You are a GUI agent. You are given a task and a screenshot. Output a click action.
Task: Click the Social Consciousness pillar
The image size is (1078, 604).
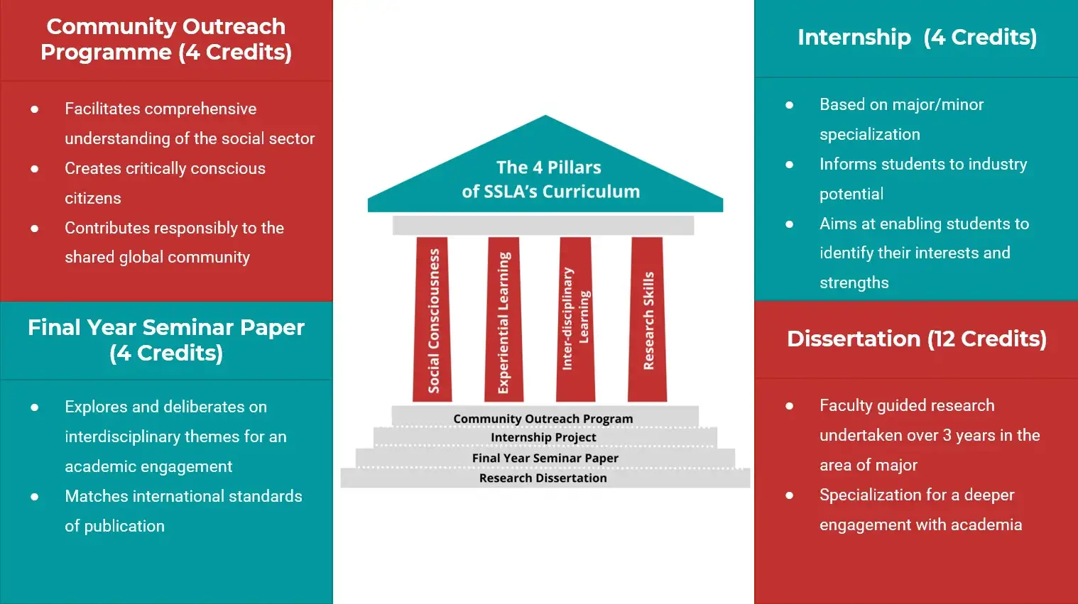click(432, 319)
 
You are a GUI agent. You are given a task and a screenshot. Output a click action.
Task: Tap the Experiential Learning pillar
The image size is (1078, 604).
click(504, 319)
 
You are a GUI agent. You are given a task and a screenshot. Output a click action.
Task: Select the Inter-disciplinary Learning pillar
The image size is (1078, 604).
click(576, 319)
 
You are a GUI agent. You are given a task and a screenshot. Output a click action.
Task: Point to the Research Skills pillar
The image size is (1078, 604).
click(647, 319)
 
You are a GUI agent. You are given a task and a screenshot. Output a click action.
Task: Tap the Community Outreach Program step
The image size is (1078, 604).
click(545, 417)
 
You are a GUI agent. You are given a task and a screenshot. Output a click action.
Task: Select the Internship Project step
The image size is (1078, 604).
click(545, 437)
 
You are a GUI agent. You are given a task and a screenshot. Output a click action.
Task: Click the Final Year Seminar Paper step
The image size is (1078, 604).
click(545, 458)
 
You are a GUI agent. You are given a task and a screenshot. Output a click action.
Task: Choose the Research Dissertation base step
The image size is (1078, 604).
click(545, 478)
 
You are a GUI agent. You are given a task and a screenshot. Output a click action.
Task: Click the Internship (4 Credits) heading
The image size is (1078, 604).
click(918, 37)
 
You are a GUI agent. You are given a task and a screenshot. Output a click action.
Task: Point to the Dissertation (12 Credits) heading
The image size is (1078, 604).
click(917, 339)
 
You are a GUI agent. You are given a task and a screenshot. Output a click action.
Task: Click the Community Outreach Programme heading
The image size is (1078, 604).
click(166, 40)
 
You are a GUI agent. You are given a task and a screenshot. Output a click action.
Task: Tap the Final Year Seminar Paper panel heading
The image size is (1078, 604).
click(166, 340)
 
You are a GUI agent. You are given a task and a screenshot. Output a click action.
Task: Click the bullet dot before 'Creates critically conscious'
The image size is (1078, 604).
click(35, 169)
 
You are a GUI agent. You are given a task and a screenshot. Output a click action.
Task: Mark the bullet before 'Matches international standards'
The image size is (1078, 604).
click(35, 497)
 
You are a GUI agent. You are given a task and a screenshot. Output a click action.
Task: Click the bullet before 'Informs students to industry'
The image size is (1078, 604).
click(789, 165)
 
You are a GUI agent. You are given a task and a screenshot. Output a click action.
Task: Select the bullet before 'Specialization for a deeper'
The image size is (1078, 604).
click(789, 495)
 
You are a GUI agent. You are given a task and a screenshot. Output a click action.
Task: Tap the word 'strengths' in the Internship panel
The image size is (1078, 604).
click(854, 282)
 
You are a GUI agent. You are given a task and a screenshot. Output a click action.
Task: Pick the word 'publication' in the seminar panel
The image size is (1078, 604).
click(124, 526)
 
